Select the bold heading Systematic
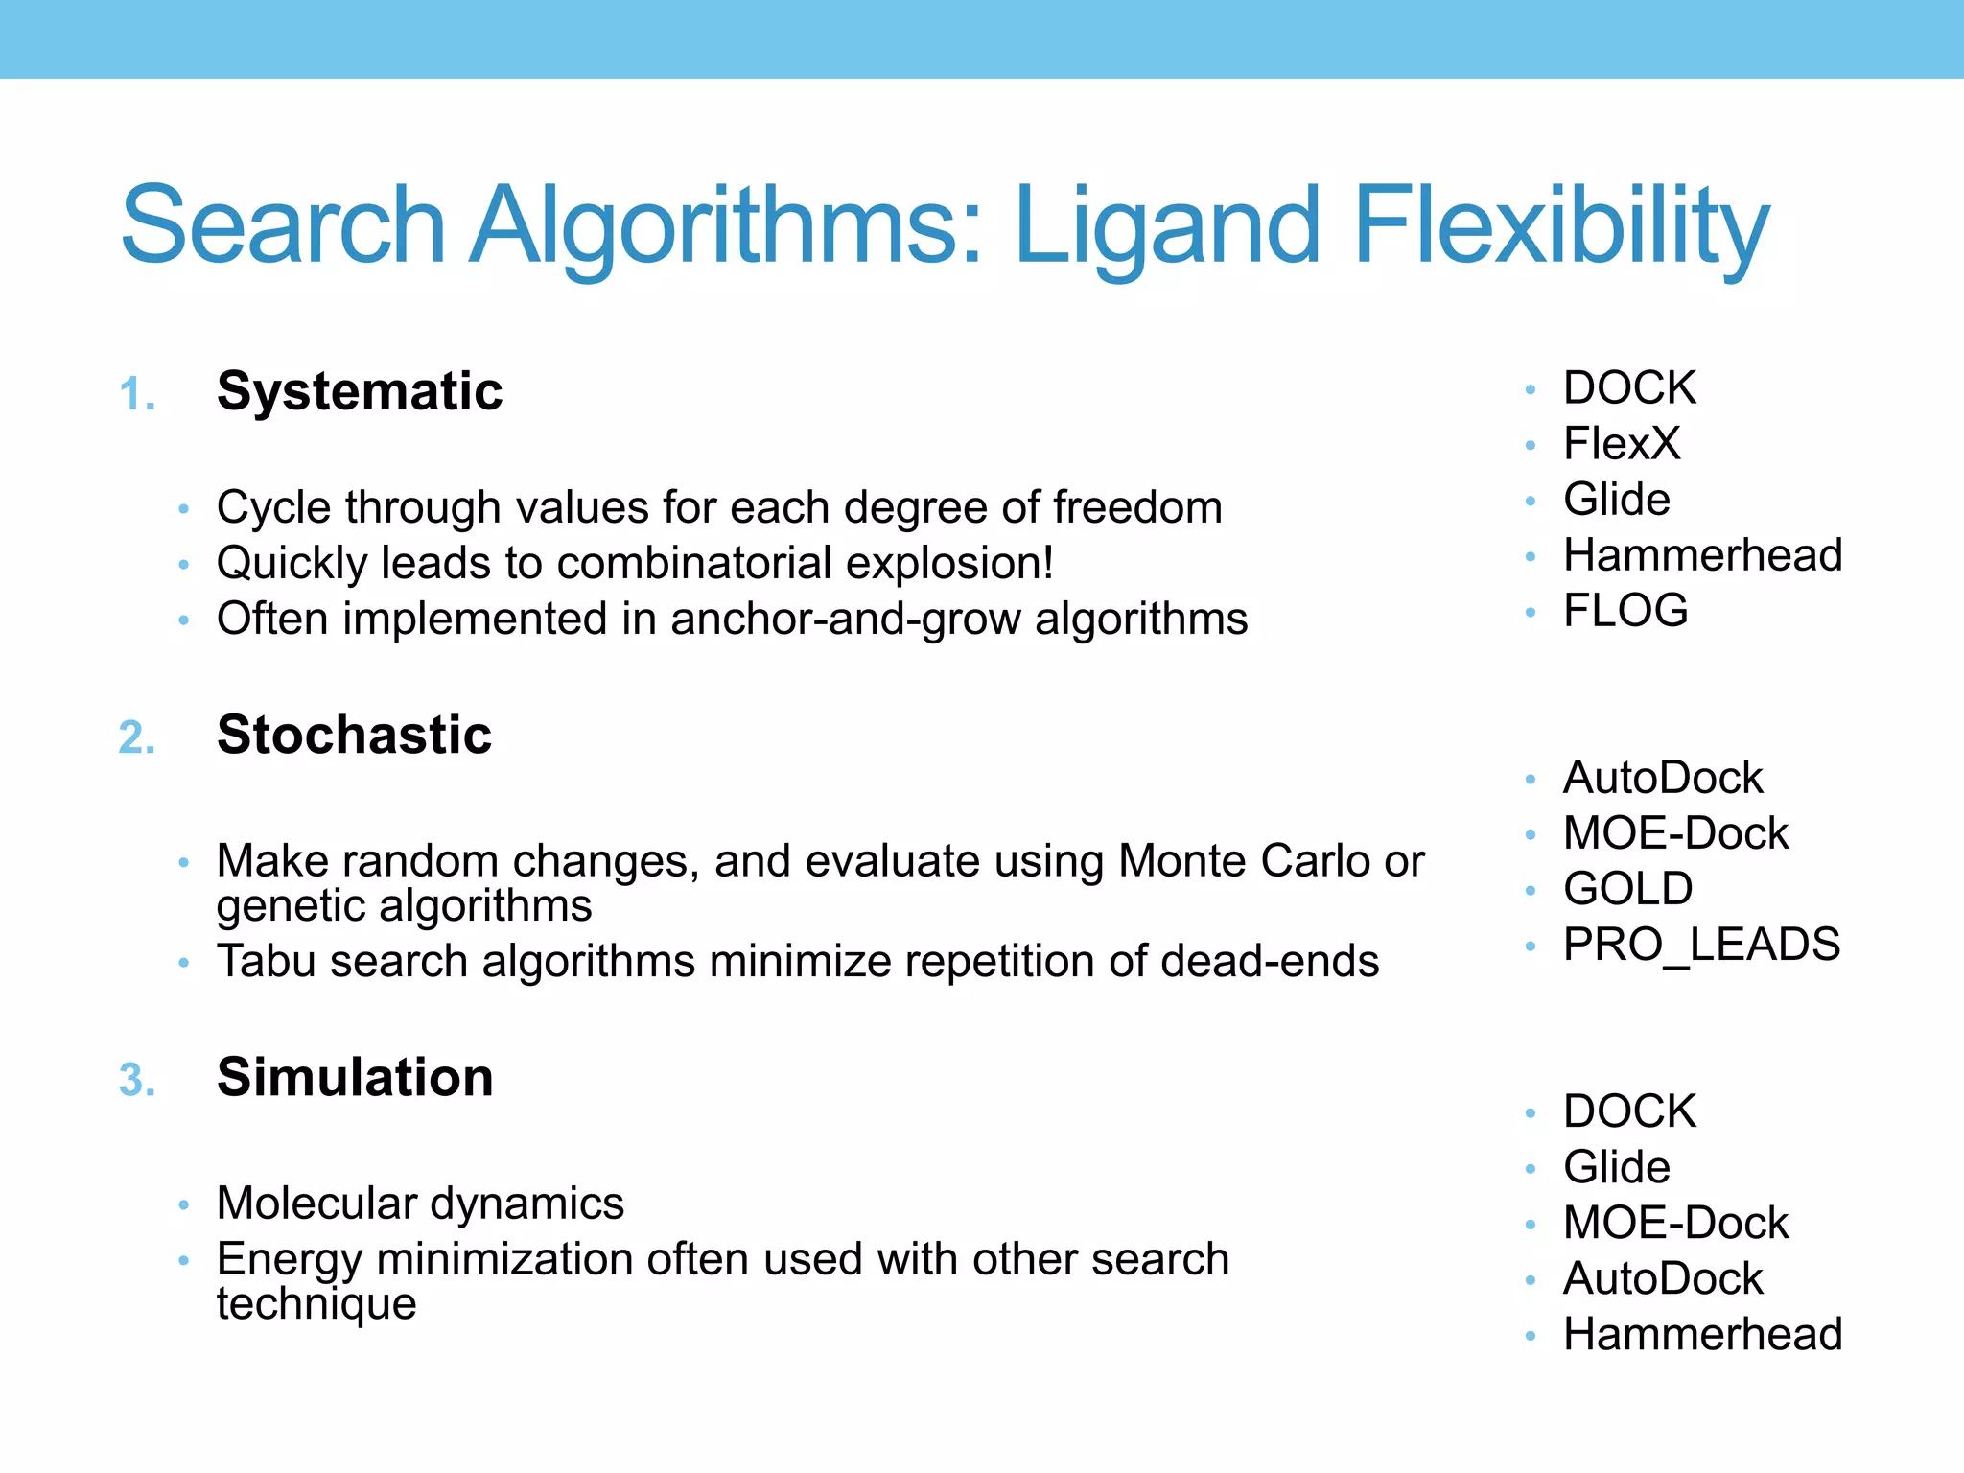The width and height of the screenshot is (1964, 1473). point(360,391)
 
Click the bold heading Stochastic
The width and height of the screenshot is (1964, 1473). point(354,735)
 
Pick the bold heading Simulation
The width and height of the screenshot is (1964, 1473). point(355,1077)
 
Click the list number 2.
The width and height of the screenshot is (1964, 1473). point(136,738)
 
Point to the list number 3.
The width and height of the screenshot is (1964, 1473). point(136,1081)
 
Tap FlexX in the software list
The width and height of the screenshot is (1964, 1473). point(1622,444)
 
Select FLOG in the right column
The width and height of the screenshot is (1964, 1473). point(1625,611)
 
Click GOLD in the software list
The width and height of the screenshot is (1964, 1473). point(1627,889)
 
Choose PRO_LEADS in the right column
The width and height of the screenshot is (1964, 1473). point(1701,945)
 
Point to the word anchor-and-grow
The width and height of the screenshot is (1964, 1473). point(845,620)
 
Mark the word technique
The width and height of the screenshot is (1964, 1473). point(316,1304)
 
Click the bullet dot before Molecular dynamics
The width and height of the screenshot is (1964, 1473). point(183,1205)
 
